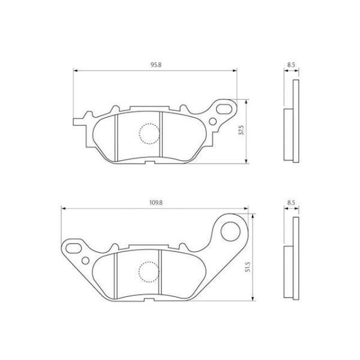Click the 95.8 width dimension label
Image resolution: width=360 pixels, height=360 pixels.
(x=156, y=65)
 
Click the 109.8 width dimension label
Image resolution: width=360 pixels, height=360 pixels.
(x=156, y=203)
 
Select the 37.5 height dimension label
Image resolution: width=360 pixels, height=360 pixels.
(x=241, y=130)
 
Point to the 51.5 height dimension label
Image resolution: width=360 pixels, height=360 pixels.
(x=247, y=268)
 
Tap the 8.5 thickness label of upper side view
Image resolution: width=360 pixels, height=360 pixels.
(x=291, y=65)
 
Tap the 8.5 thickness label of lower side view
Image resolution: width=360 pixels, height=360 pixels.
(x=291, y=203)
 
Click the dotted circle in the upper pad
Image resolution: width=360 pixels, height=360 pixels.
(x=149, y=124)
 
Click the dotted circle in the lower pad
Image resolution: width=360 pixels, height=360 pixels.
(x=149, y=262)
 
